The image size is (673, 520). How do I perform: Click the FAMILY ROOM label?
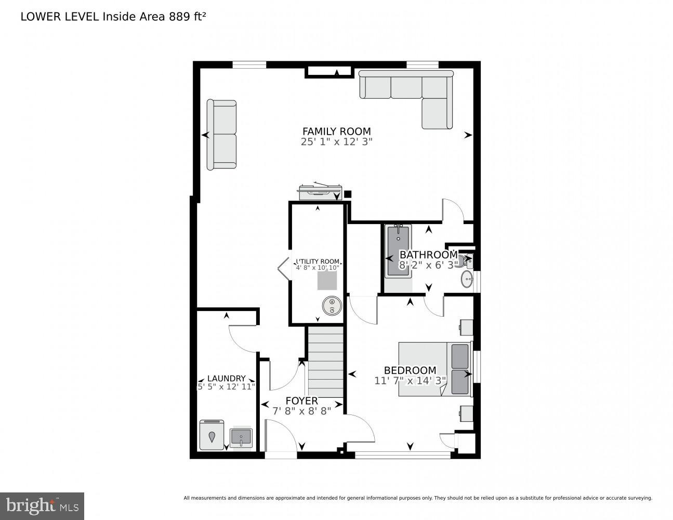tap(336, 132)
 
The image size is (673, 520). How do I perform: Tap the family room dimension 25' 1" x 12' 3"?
tap(336, 141)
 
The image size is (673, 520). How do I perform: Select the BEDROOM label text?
tap(410, 370)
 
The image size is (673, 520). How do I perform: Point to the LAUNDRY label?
tap(226, 379)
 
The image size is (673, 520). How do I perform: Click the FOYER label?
tap(301, 401)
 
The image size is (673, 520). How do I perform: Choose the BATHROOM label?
tap(428, 255)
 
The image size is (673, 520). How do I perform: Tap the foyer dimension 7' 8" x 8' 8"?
tap(301, 411)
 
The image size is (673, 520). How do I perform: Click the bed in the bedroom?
tap(434, 369)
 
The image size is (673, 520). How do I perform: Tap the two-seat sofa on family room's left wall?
tap(222, 135)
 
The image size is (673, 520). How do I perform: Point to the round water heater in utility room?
tap(331, 305)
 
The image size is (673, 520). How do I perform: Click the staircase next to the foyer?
tap(326, 362)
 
